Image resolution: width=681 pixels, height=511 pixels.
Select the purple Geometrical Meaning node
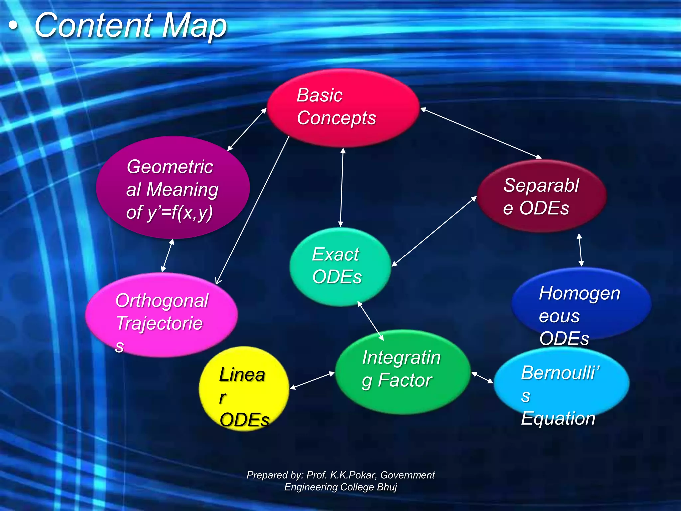(173, 188)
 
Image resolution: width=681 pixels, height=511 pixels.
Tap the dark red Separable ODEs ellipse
(541, 196)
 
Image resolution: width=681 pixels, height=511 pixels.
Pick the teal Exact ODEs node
(340, 266)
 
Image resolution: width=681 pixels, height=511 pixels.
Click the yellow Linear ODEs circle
(244, 389)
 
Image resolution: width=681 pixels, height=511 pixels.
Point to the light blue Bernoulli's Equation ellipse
(561, 383)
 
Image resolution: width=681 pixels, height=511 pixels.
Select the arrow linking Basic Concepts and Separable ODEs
(480, 133)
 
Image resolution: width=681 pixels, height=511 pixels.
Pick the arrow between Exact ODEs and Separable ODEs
(434, 231)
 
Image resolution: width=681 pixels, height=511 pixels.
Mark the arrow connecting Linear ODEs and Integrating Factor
(312, 380)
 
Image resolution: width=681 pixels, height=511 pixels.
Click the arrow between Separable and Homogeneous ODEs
(580, 250)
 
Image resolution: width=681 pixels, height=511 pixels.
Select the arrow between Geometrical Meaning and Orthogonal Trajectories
(167, 255)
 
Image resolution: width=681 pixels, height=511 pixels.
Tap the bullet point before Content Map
(13, 26)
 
